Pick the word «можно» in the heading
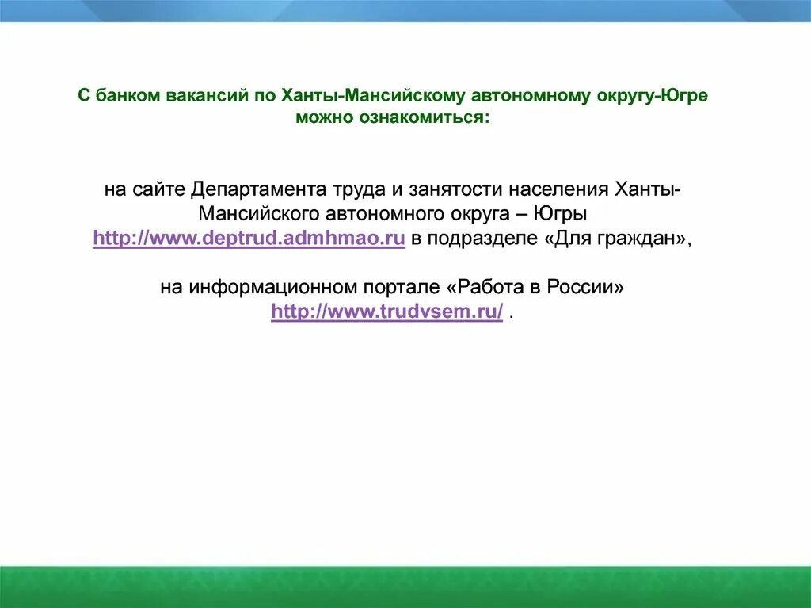click(x=326, y=118)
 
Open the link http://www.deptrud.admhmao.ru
click(x=249, y=239)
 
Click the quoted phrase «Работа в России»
click(x=539, y=287)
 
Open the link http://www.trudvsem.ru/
click(x=386, y=312)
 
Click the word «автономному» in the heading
click(x=532, y=96)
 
